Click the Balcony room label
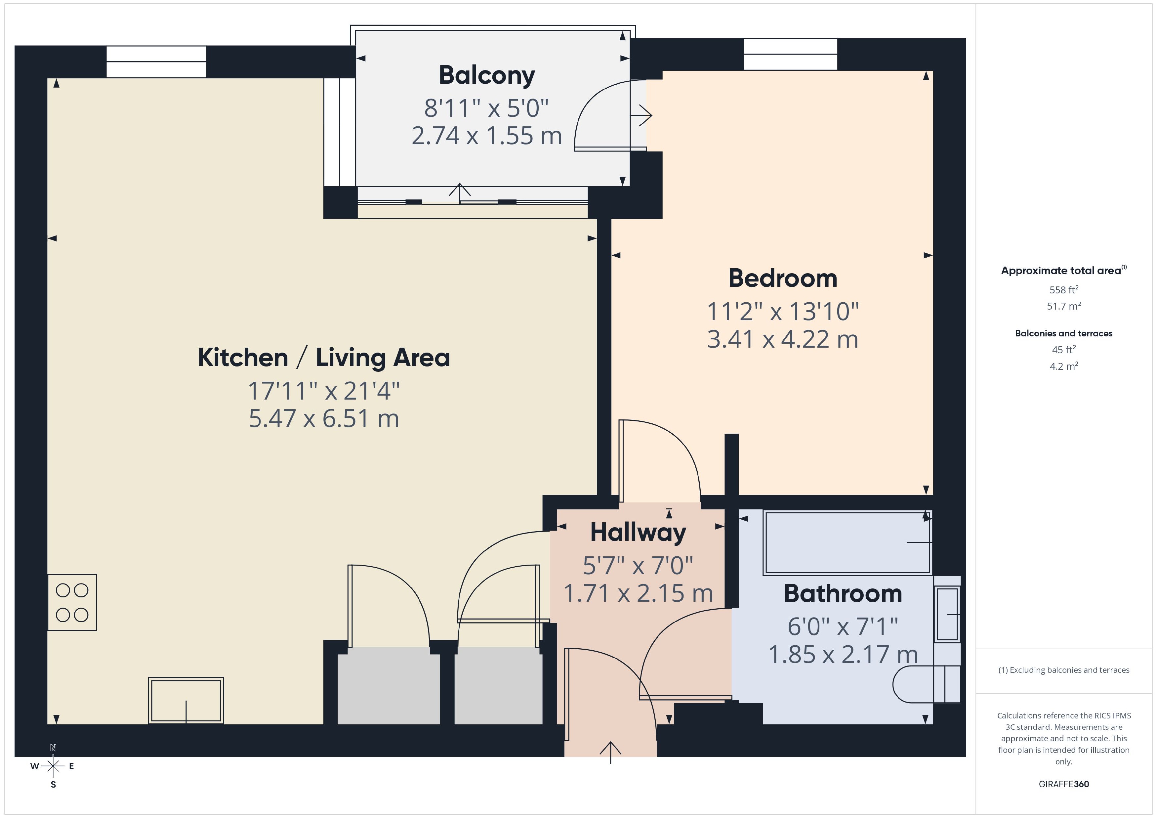(487, 76)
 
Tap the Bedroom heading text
(782, 278)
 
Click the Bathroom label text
(842, 593)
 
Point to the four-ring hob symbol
(72, 602)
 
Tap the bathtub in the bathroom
(847, 543)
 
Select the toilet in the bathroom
(925, 684)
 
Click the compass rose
(53, 766)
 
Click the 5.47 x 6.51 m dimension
(324, 418)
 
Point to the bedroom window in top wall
(790, 54)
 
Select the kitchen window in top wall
(156, 61)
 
